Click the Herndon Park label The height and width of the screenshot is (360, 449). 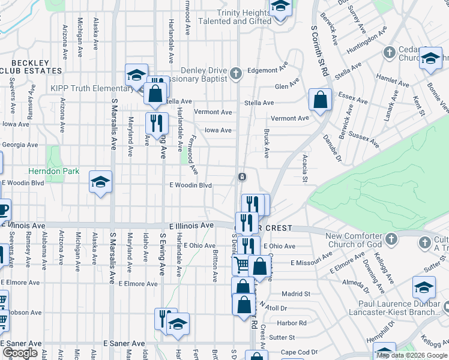(53, 171)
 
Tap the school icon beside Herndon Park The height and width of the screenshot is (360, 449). (101, 182)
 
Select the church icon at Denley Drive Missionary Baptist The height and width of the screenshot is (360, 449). (237, 74)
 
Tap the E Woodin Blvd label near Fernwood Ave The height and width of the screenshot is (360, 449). (190, 185)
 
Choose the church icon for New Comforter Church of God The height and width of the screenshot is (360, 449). (391, 240)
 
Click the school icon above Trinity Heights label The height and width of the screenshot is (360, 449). (280, 7)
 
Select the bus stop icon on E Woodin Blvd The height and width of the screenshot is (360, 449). (241, 177)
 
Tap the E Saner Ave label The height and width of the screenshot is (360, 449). (124, 343)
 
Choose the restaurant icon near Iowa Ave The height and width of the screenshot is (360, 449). (156, 123)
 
